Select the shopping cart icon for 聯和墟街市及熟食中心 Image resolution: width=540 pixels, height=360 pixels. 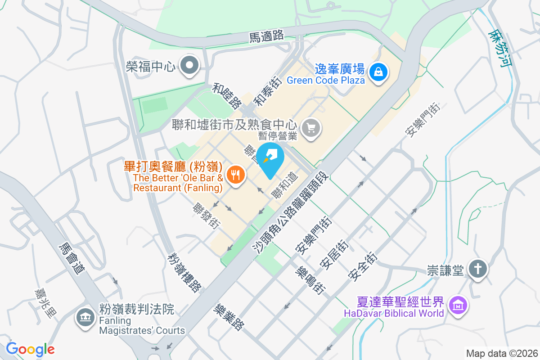pyautogui.click(x=311, y=127)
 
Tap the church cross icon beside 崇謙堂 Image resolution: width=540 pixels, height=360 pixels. pyautogui.click(x=477, y=270)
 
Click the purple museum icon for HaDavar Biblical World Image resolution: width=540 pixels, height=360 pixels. pyautogui.click(x=458, y=306)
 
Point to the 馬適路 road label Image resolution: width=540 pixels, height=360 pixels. pyautogui.click(x=266, y=36)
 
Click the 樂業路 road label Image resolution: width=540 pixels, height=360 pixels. pyautogui.click(x=229, y=317)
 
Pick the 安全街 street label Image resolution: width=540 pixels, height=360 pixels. pyautogui.click(x=363, y=266)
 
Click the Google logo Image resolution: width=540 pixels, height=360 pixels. pyautogui.click(x=30, y=349)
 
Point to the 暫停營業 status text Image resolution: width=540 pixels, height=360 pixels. pyautogui.click(x=278, y=135)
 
